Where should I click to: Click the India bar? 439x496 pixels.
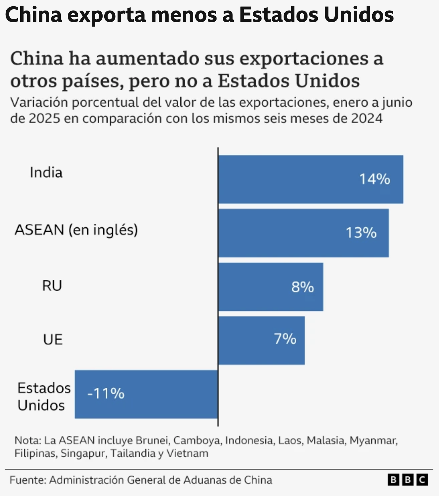(311, 179)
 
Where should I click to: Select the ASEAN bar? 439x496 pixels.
(304, 233)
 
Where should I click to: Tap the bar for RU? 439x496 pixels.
(271, 287)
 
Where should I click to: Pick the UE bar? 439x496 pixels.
(262, 341)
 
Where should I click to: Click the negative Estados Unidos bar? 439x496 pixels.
(146, 394)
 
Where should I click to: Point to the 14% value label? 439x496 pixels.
(375, 179)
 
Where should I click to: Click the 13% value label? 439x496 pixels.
(361, 233)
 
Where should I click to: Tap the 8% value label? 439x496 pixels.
(302, 287)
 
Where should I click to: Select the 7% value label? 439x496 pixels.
(285, 339)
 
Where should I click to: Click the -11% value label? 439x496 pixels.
(106, 394)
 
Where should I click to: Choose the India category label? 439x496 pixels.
(46, 173)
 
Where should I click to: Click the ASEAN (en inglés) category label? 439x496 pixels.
(76, 230)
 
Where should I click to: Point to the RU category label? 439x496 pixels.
(52, 286)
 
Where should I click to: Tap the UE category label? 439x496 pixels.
(53, 340)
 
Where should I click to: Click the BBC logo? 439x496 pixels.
(407, 480)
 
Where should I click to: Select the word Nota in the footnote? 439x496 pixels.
(27, 441)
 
